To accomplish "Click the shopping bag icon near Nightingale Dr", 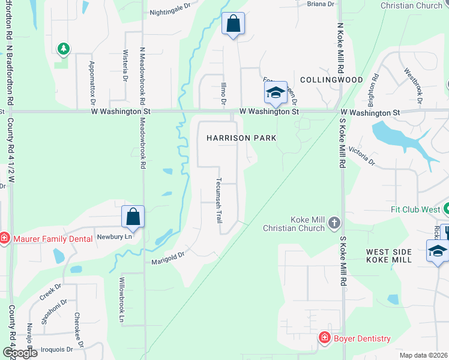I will (233, 24).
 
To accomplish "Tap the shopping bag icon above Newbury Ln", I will (133, 216).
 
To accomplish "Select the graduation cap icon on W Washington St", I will (276, 92).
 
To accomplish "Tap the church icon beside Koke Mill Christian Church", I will (334, 224).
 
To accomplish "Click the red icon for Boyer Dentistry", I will (324, 338).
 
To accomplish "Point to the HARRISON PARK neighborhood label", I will (241, 138).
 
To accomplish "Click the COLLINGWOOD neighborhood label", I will (331, 80).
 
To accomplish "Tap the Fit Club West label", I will (415, 210).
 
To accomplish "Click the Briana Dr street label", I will (321, 4).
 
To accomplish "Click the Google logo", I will (19, 352).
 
